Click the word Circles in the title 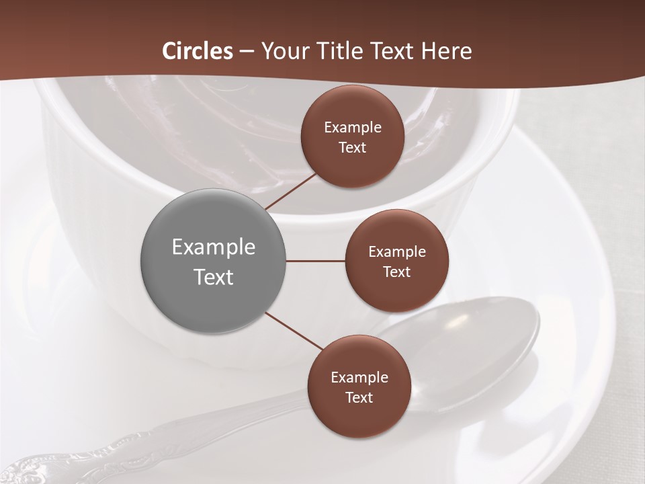(198, 51)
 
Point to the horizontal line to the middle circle (315, 261)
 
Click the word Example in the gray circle (214, 247)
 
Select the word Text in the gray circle (214, 277)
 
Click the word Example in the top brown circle (353, 128)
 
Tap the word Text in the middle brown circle (396, 272)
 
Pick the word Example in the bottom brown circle (359, 378)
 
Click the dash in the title (247, 52)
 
